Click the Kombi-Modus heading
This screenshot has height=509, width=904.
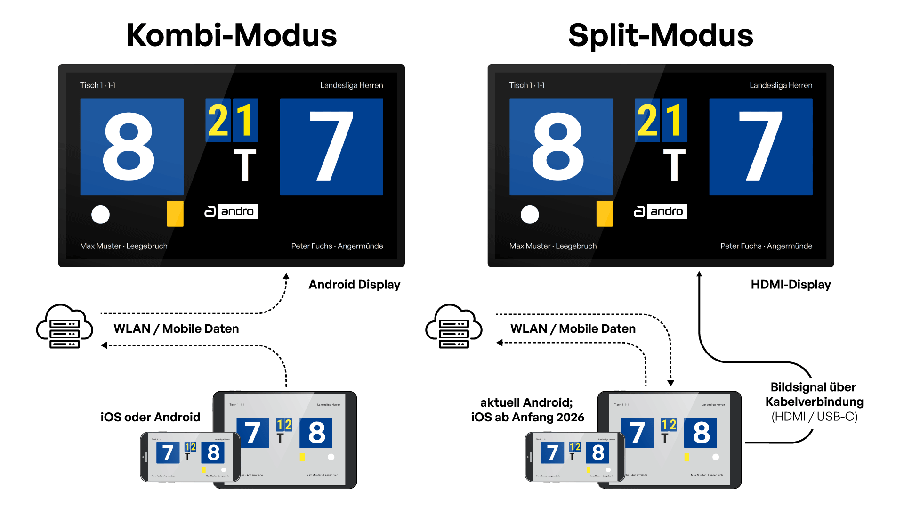[232, 36]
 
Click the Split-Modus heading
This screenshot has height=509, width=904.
[661, 36]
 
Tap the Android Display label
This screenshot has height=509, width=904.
[354, 285]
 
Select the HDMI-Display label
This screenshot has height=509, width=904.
[791, 285]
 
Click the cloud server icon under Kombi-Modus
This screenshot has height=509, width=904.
[65, 326]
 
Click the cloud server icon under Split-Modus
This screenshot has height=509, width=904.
[453, 326]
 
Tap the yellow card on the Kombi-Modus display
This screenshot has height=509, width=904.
[175, 213]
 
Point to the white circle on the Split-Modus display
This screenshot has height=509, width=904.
[530, 214]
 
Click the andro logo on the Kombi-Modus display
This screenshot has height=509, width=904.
[231, 212]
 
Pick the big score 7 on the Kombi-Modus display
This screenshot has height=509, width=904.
[331, 147]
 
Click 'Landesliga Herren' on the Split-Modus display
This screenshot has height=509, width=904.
[781, 85]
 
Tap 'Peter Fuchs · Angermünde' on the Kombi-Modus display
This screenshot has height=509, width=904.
[337, 246]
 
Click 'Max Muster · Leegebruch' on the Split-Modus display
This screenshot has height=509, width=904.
[553, 246]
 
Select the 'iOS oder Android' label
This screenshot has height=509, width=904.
[150, 417]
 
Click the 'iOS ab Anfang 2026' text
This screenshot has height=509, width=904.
[527, 417]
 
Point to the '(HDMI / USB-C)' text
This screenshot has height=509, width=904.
[815, 417]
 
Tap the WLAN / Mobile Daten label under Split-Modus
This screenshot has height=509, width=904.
[573, 328]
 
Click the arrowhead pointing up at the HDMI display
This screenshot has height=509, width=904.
[699, 274]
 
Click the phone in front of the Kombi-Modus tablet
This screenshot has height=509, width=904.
[190, 457]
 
